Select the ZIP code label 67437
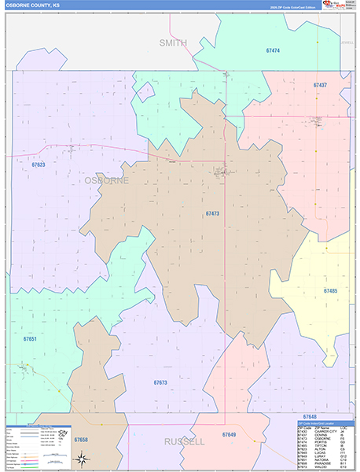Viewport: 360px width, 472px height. [x=320, y=84]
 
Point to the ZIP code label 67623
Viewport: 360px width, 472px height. [x=39, y=164]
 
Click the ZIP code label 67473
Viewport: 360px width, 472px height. [x=212, y=213]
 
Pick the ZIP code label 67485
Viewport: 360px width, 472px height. [x=330, y=291]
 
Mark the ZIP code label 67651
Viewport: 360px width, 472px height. [x=30, y=338]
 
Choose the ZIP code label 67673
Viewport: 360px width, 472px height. [x=160, y=382]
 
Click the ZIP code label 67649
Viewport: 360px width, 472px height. [x=229, y=434]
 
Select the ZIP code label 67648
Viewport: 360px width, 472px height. [x=309, y=415]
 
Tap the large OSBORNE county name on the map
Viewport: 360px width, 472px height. [x=105, y=180]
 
